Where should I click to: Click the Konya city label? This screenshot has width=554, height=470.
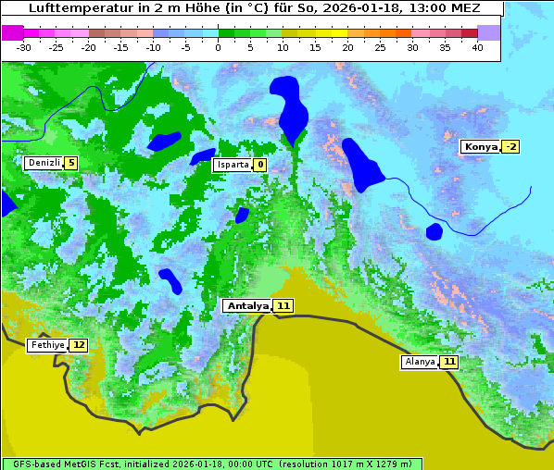click(480, 146)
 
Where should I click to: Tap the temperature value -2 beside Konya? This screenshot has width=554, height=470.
click(510, 146)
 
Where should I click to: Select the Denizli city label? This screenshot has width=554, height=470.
click(44, 163)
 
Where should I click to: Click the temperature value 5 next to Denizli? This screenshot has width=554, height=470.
click(70, 163)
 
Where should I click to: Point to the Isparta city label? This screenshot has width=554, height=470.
click(233, 165)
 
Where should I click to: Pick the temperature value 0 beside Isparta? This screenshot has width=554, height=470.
click(260, 165)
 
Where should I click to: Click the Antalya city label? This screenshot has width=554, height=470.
click(247, 305)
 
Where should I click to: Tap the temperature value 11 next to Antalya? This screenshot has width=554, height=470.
click(283, 305)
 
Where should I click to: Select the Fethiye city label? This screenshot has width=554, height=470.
click(46, 345)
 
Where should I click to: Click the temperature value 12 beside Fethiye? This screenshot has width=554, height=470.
click(79, 345)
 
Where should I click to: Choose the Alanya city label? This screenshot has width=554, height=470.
click(420, 362)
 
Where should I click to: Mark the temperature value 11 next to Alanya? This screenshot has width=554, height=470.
click(449, 362)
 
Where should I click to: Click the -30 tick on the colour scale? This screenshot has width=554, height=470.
click(24, 47)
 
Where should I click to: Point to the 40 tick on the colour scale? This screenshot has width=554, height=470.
click(477, 47)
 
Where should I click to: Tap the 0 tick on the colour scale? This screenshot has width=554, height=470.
click(219, 47)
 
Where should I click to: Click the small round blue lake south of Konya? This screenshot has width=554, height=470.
click(434, 231)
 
